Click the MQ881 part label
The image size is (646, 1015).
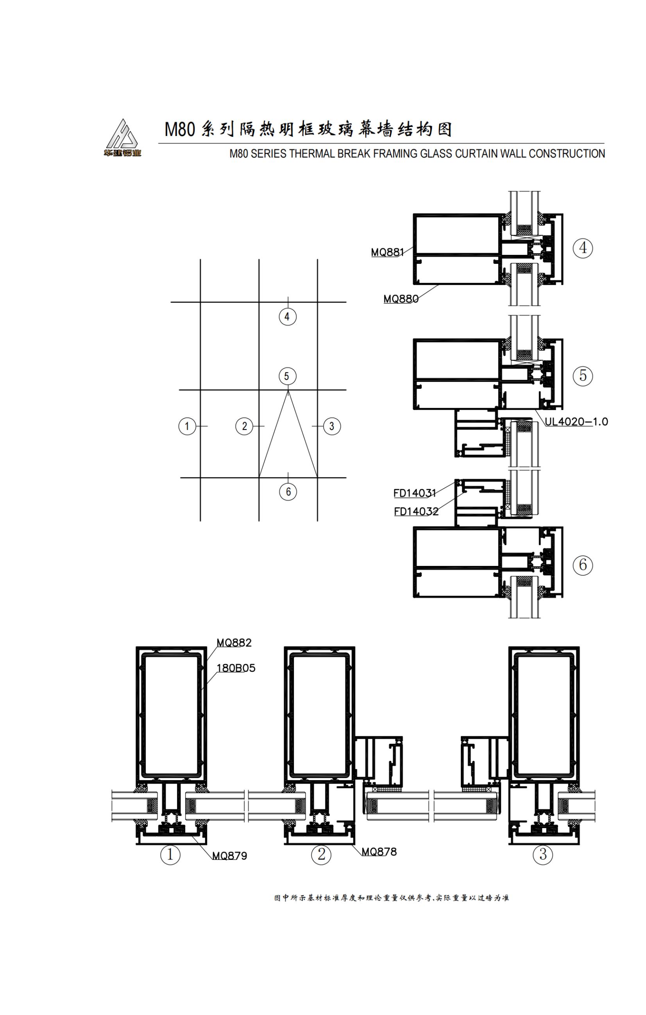pyautogui.click(x=387, y=252)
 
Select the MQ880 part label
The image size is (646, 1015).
pyautogui.click(x=400, y=299)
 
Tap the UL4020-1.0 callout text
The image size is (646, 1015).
pyautogui.click(x=576, y=421)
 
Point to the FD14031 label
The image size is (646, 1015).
pyautogui.click(x=414, y=493)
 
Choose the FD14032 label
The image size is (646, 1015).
pyautogui.click(x=416, y=511)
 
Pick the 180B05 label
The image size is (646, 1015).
pyautogui.click(x=236, y=668)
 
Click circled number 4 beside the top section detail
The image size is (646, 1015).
pyautogui.click(x=582, y=248)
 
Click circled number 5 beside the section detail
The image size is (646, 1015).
pyautogui.click(x=582, y=375)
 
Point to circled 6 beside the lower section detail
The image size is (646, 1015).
pyautogui.click(x=582, y=564)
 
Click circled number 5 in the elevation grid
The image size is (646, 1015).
pyautogui.click(x=287, y=376)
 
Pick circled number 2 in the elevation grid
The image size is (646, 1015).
pyautogui.click(x=244, y=426)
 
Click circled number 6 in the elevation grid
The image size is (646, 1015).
pyautogui.click(x=288, y=492)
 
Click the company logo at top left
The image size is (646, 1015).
pyautogui.click(x=122, y=138)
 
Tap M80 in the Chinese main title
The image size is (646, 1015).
pyautogui.click(x=179, y=129)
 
